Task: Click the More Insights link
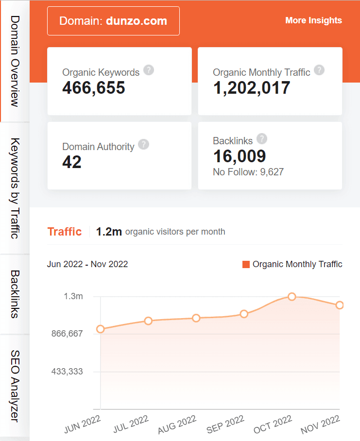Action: (313, 20)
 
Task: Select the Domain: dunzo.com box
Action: (113, 21)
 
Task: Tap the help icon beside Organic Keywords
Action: (149, 70)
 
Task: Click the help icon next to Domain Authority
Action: (143, 144)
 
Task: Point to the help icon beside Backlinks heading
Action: (262, 139)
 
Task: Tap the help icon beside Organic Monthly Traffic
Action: (319, 70)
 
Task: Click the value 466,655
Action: (94, 88)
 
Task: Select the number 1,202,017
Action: (252, 88)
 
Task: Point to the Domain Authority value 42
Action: (72, 162)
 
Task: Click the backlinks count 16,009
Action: (240, 156)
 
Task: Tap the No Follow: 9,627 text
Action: (248, 172)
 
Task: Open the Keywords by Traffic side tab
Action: (15, 188)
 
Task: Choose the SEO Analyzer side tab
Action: (15, 386)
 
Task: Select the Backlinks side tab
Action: (15, 294)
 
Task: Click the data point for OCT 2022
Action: (291, 296)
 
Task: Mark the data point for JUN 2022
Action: (101, 329)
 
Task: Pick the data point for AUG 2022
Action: (196, 318)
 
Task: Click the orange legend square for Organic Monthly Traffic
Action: (246, 264)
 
